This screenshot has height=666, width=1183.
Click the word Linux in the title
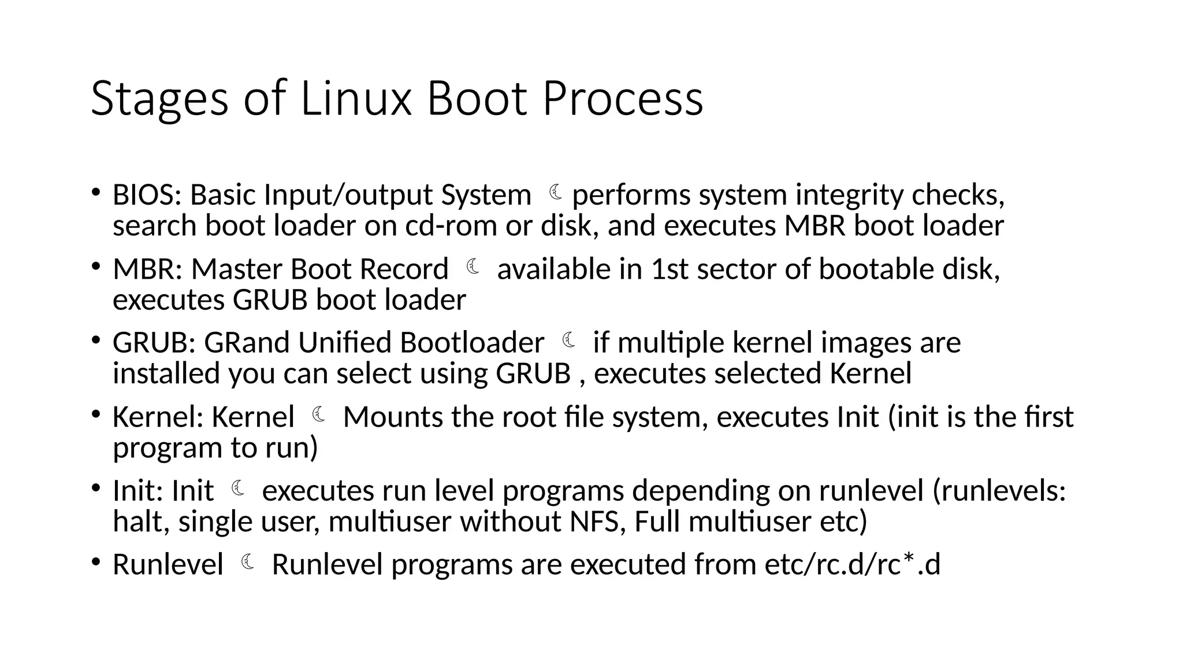click(355, 98)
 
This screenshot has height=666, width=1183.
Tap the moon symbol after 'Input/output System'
click(556, 192)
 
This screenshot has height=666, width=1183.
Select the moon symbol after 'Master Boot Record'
click(473, 267)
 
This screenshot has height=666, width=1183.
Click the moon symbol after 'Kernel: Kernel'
click(319, 414)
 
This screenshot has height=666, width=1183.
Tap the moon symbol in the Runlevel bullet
click(248, 561)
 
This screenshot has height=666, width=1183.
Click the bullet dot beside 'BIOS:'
click(96, 192)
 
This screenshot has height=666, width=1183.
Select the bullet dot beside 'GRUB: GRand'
click(96, 340)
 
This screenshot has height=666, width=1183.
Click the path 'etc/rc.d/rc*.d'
click(852, 564)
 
